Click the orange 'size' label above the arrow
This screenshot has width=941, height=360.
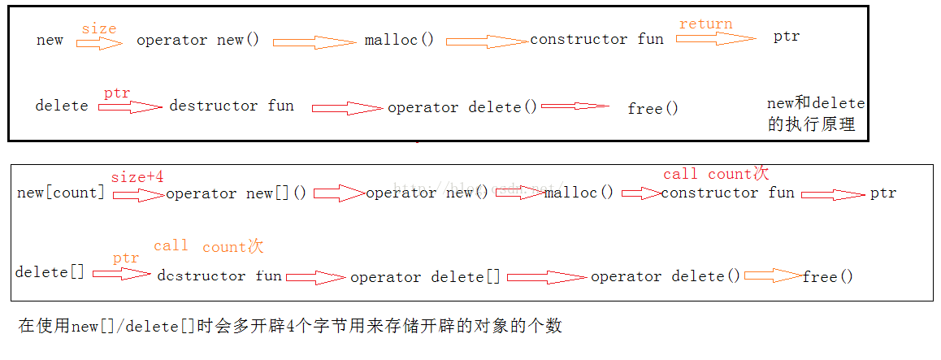(x=99, y=28)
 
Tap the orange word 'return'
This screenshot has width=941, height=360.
(x=705, y=24)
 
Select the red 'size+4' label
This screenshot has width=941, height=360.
(x=137, y=178)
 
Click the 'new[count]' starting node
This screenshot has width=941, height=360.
(x=61, y=193)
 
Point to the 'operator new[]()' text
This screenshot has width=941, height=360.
(x=236, y=193)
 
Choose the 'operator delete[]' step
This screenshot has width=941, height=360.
(x=425, y=277)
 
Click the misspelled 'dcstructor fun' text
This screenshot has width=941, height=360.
(x=219, y=276)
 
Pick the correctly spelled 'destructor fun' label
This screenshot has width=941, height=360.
(x=232, y=106)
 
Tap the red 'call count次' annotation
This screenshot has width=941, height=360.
(x=716, y=174)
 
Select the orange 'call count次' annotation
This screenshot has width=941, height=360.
(x=209, y=246)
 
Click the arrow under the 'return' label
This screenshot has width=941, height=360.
(x=717, y=38)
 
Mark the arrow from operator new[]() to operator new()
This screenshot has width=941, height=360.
(x=339, y=193)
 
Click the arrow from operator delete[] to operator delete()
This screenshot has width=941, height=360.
(x=547, y=277)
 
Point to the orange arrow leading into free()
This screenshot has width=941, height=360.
(x=774, y=276)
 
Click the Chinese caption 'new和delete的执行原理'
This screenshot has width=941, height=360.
(x=816, y=114)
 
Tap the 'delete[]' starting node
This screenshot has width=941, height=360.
(x=50, y=272)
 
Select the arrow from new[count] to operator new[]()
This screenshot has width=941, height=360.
(x=139, y=194)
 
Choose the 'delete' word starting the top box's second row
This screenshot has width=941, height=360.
(x=62, y=106)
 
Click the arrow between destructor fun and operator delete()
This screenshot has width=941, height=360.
(x=348, y=109)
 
